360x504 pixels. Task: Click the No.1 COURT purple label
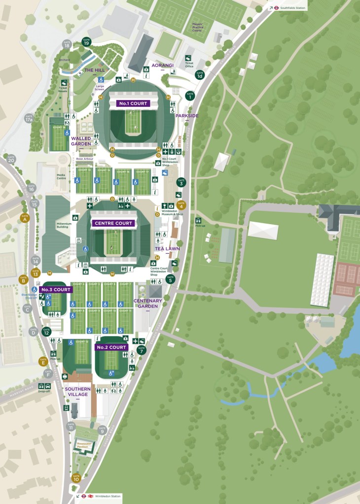tap(133, 104)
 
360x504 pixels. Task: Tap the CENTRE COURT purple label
tap(113, 223)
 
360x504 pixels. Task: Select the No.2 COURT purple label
tap(112, 347)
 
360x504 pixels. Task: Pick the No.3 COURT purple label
tap(56, 290)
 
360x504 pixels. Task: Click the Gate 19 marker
tap(86, 41)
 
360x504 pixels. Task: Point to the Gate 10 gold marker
tap(76, 477)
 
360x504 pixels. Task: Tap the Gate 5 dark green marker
tap(170, 279)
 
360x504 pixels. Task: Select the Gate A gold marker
tap(25, 218)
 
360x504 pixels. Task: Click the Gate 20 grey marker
tap(11, 159)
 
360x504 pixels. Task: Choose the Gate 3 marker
tap(181, 182)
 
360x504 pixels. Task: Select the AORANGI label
tap(162, 65)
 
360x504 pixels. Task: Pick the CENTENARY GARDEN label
tap(147, 303)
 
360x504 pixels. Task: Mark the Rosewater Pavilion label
tap(83, 445)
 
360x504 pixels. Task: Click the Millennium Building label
tap(64, 225)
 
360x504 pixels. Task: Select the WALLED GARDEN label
tap(81, 141)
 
